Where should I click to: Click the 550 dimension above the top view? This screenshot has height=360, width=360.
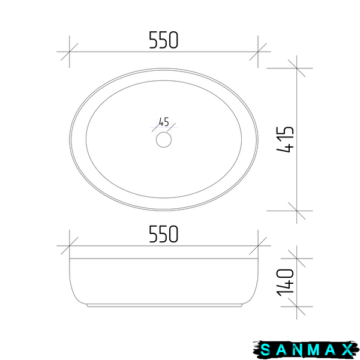163,40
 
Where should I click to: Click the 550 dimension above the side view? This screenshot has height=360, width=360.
163,234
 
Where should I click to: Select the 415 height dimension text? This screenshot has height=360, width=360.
285,139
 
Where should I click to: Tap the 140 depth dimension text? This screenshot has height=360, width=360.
285,283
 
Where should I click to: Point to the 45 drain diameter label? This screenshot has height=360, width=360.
164,122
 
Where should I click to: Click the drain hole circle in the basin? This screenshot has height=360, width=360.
164,140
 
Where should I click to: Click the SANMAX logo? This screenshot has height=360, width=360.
306,350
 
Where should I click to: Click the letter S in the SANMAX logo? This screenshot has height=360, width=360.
265,350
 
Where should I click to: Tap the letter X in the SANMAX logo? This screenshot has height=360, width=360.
348,350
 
